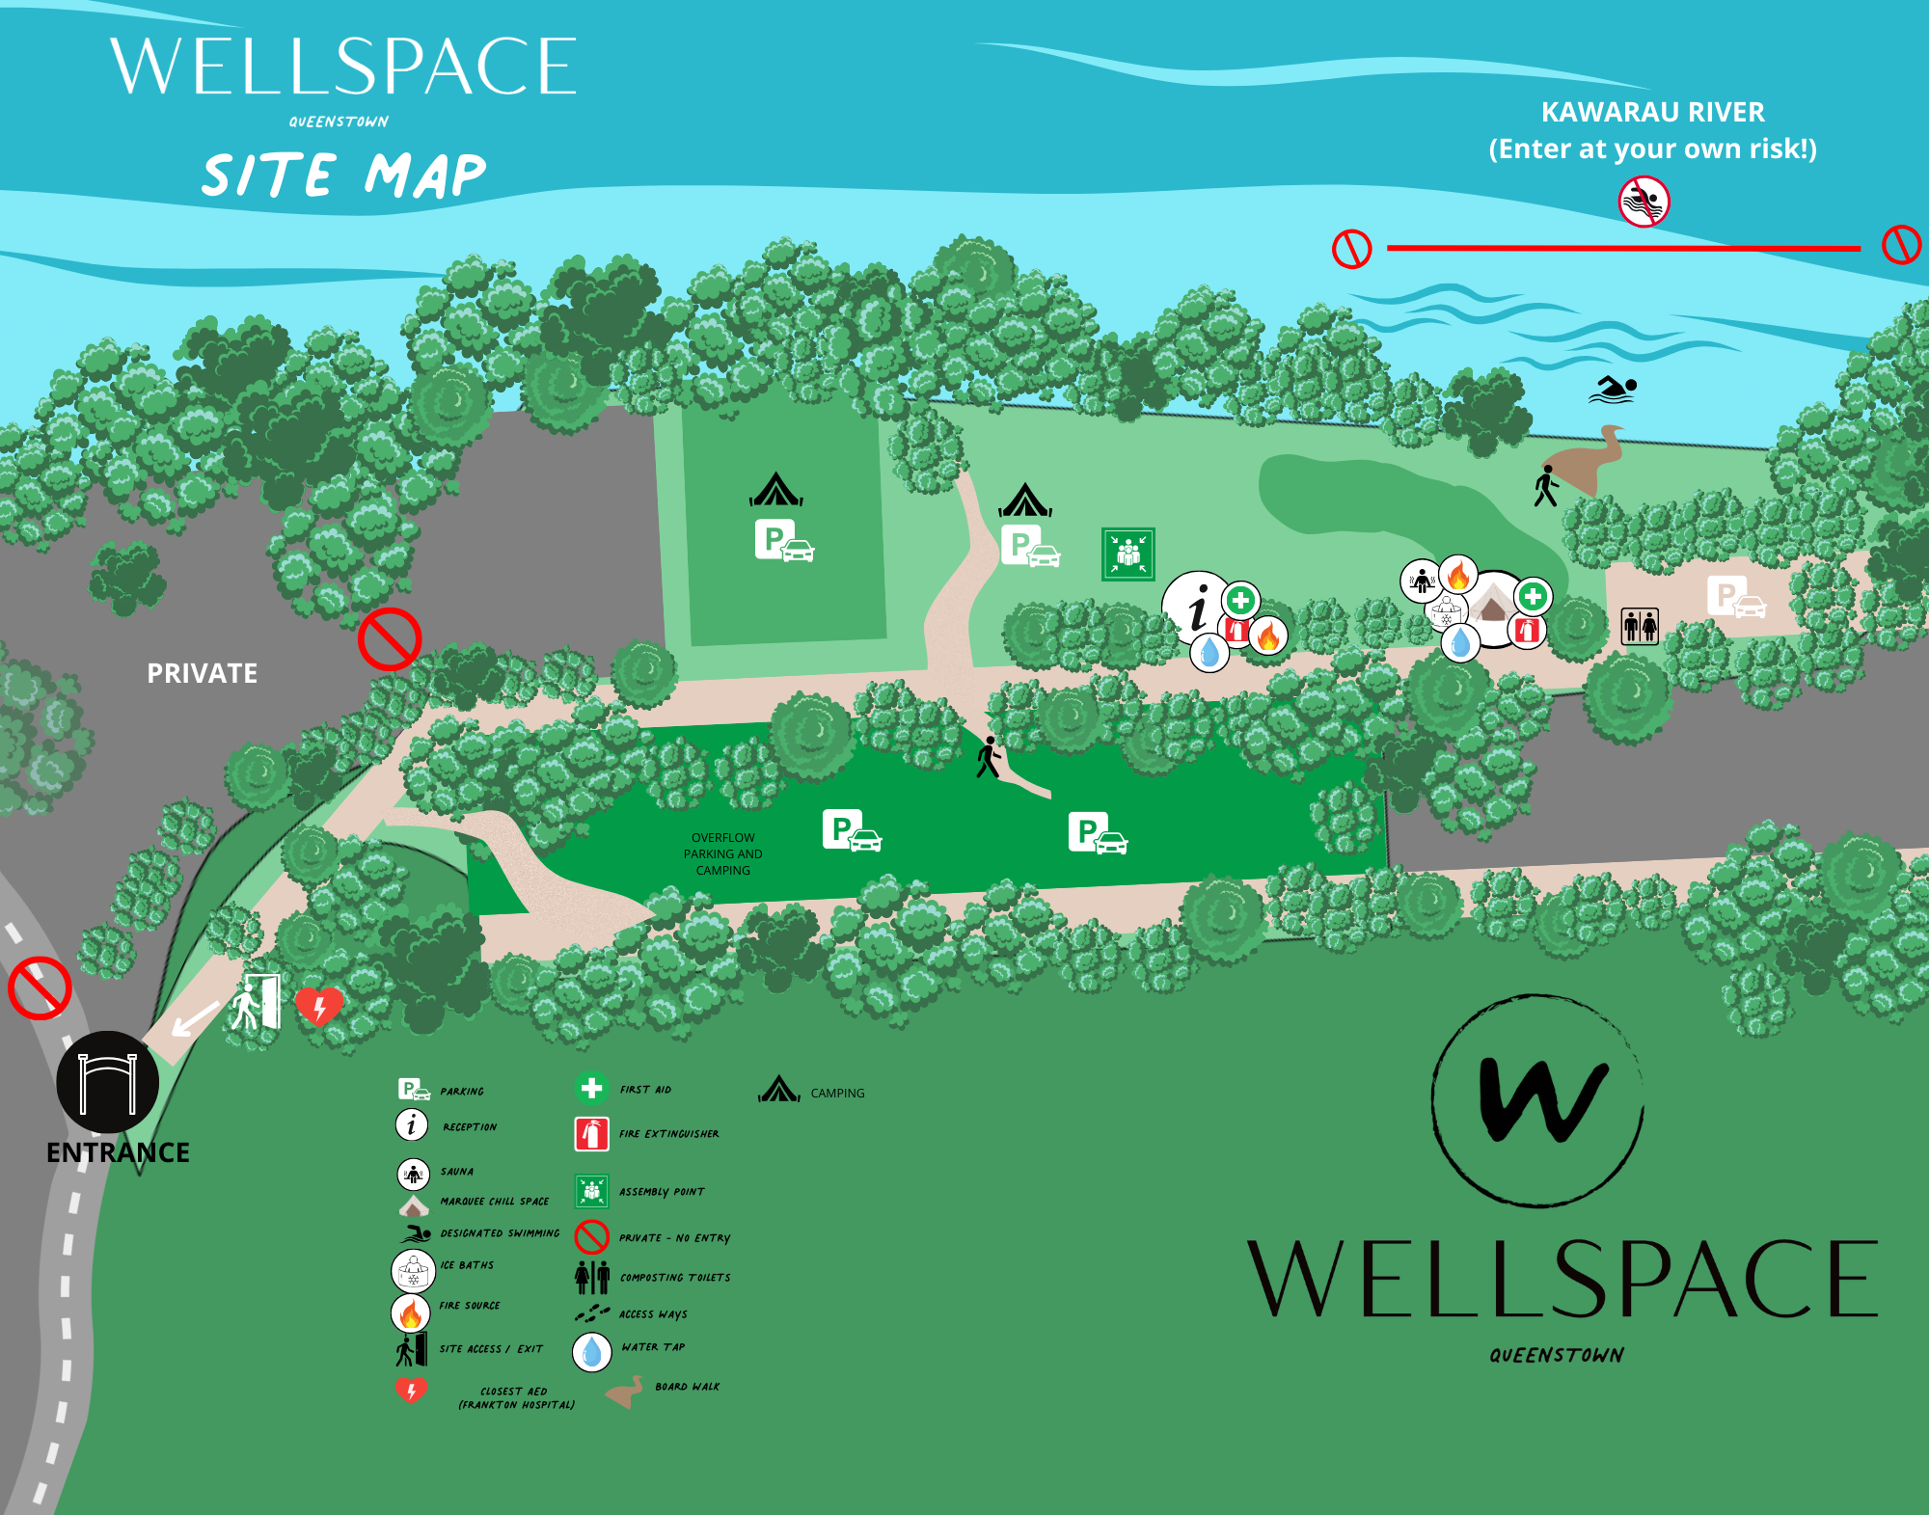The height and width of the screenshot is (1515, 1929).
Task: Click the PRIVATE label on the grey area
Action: (202, 673)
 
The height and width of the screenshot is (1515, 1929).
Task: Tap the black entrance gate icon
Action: (107, 1082)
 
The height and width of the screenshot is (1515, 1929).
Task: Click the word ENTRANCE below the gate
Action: (118, 1152)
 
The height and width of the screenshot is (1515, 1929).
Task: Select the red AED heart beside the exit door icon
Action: (318, 1006)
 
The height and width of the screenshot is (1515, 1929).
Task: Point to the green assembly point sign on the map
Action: (1128, 554)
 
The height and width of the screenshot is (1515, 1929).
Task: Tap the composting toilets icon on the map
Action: (1640, 626)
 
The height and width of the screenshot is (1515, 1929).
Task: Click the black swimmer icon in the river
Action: (1613, 390)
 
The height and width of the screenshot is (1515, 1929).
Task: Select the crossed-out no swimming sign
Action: (1644, 202)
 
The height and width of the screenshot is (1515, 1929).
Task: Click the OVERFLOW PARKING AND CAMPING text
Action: (722, 854)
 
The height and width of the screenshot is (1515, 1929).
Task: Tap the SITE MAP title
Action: (343, 176)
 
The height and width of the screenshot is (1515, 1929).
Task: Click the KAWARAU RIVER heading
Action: (1652, 113)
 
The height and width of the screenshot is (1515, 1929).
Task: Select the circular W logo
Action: (1537, 1101)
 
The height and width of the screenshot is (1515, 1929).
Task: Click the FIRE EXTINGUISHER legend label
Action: (668, 1134)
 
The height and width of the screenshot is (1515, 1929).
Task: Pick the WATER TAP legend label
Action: (653, 1347)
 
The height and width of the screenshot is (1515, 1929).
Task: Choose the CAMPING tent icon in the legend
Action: (779, 1090)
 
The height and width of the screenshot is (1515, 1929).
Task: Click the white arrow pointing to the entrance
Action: (196, 1017)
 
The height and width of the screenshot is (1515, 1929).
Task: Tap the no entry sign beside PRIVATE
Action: (390, 638)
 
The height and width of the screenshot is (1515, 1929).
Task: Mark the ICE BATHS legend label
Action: (467, 1265)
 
